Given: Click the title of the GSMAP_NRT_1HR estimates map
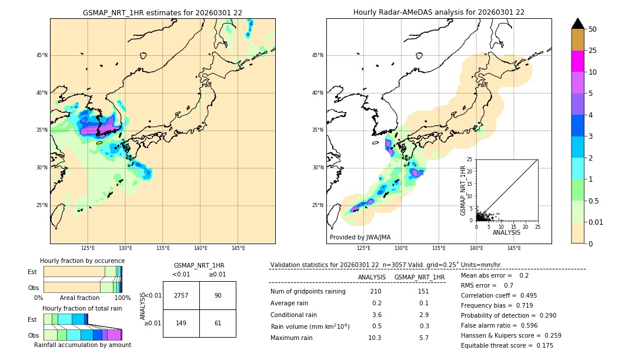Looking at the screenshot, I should coord(162,12).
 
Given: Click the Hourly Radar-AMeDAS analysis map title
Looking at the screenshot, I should coord(439,12).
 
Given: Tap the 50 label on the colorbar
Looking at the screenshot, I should coord(593,29).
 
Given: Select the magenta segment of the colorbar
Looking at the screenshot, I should coord(577,61).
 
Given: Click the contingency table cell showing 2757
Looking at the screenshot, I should coord(181,295).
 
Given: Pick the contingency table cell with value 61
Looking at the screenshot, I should coord(218,323).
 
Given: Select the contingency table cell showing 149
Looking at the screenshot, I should coord(181,323).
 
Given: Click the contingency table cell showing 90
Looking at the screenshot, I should coord(218,295).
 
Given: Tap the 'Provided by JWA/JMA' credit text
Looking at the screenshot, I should coord(360,238).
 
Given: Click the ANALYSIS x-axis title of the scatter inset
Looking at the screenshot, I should coord(506,233).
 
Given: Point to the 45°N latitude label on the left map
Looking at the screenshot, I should coord(42,55).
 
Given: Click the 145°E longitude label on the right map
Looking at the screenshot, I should coord(514,248).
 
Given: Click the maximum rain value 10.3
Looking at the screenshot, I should coord(375,338).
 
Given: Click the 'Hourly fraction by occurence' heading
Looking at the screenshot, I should coord(82,261).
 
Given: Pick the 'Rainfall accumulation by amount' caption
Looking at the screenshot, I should coord(82,345).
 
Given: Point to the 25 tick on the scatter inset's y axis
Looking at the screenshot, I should coord(470,159).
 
